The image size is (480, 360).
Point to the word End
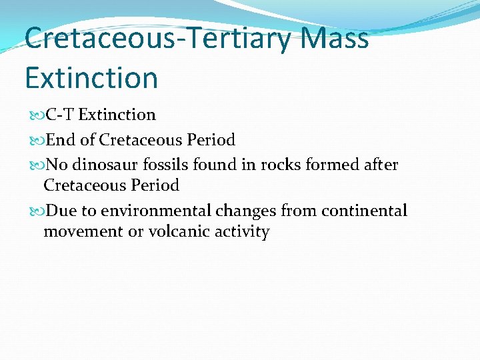[61, 140]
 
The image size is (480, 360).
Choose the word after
[381, 165]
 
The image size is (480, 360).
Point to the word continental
[364, 211]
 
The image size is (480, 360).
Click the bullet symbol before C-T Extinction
[35, 115]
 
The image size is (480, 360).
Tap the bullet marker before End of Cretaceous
[35, 141]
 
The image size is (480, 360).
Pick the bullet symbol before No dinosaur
[35, 165]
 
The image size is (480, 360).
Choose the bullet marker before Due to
[35, 212]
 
